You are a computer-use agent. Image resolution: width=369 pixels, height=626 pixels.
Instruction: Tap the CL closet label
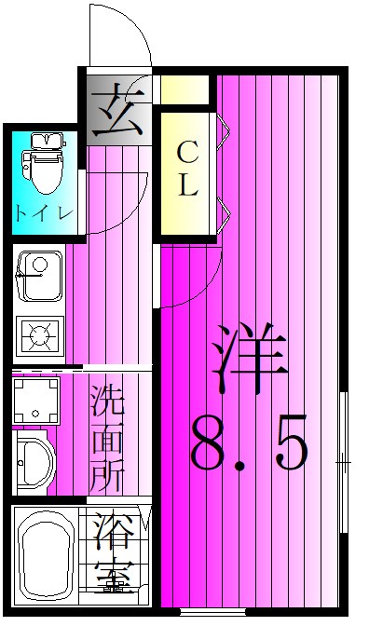(x=188, y=174)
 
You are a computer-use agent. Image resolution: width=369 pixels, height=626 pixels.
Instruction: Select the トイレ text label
(x=45, y=212)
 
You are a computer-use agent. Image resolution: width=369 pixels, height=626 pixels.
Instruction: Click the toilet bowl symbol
(x=43, y=170)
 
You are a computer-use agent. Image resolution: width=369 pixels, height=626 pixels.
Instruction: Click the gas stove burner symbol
(x=40, y=334)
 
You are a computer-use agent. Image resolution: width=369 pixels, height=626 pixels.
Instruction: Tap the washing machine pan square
(x=36, y=400)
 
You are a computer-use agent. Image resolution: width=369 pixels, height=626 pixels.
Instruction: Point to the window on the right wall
(x=344, y=462)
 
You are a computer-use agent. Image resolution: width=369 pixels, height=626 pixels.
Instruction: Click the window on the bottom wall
(x=212, y=612)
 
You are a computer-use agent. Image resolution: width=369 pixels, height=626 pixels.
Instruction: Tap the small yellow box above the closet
(x=184, y=89)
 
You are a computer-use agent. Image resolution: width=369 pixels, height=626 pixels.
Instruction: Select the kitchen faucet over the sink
(x=29, y=275)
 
